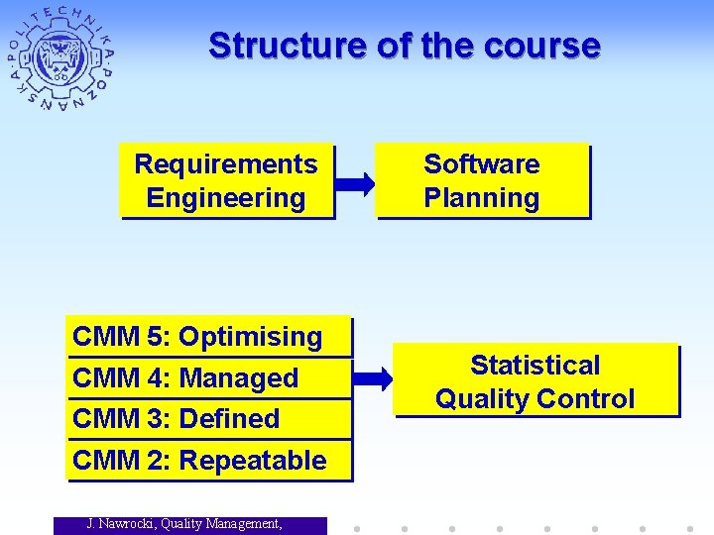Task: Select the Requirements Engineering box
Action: point(226,181)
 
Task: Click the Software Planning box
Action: point(481,181)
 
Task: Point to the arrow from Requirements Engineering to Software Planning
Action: point(354,183)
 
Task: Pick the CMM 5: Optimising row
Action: point(209,337)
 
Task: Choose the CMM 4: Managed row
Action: point(209,378)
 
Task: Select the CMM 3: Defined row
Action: point(209,419)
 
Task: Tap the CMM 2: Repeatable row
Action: point(209,461)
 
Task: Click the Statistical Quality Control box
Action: point(535,381)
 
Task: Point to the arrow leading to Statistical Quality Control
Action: point(373,378)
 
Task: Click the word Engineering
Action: point(226,198)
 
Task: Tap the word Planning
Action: point(481,198)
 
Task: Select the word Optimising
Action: point(250,337)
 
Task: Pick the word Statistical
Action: point(535,366)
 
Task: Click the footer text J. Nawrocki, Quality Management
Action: point(183,524)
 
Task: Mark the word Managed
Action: point(239,378)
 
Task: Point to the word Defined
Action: point(230,419)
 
